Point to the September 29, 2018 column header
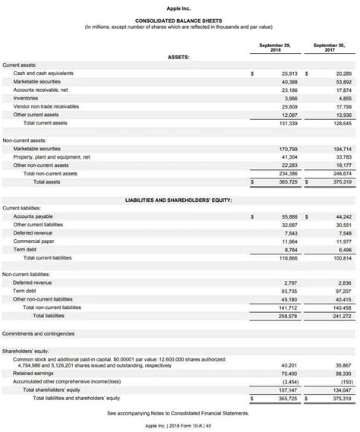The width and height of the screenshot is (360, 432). coord(270,47)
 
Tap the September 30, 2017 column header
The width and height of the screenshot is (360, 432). coord(328,47)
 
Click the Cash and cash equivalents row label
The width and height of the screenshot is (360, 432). coord(43,73)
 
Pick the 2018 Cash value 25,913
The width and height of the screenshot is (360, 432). coord(288,73)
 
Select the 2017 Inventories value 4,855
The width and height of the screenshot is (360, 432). coord(343,98)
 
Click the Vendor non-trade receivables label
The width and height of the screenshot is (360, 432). coord(46,106)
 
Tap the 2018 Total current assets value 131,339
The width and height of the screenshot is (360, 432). coord(287,122)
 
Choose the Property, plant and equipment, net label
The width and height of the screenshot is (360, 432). coord(52,156)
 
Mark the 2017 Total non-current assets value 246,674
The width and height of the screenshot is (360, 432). coord(341,173)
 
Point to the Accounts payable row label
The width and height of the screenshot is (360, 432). coord(34,216)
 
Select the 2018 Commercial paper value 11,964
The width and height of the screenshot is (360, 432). coord(288,241)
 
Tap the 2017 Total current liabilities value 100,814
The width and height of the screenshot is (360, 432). coord(341,257)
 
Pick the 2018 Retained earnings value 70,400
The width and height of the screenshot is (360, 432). coord(288,373)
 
